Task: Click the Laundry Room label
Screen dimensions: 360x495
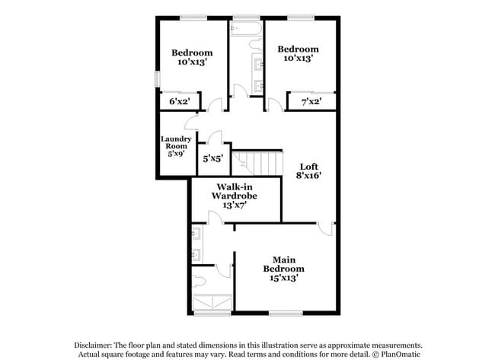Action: (x=175, y=143)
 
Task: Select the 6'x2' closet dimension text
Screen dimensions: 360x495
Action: (x=179, y=101)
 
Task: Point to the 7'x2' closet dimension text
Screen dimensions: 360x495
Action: (x=310, y=101)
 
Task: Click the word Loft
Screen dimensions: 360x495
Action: (x=308, y=167)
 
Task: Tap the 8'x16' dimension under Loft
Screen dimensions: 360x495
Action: (x=308, y=176)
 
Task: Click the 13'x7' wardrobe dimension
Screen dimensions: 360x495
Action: (x=235, y=204)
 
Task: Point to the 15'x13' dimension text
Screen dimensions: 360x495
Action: (x=284, y=278)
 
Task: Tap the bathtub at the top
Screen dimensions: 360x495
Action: (x=246, y=30)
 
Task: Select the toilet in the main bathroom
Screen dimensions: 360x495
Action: (x=200, y=282)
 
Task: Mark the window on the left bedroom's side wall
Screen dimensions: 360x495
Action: (x=157, y=79)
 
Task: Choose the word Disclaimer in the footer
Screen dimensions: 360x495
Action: (x=97, y=343)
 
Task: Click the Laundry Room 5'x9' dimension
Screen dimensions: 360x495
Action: (x=176, y=154)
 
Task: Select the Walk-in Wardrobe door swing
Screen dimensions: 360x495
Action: (x=216, y=219)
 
